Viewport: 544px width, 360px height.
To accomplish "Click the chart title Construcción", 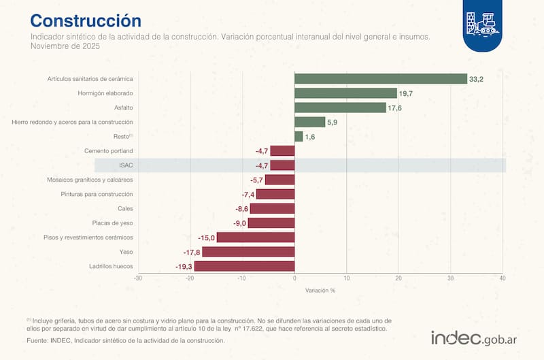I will (86, 20).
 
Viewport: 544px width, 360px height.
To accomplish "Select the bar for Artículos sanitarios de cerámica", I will (380, 79).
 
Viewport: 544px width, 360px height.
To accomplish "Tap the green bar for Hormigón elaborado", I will (345, 93).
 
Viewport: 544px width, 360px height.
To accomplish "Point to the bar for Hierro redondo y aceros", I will (309, 122).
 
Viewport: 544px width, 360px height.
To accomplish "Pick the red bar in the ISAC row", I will (282, 165).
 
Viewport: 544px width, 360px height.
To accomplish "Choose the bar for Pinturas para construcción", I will (275, 194).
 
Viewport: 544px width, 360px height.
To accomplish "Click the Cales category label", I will (125, 208).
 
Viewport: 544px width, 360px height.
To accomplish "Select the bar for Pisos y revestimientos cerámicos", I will (255, 238).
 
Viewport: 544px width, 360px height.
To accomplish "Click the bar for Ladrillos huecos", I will (244, 266).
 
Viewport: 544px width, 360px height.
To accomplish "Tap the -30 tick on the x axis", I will (138, 278).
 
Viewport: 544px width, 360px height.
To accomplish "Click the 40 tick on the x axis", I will (503, 278).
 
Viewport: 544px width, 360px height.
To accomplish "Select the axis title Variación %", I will (320, 290).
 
